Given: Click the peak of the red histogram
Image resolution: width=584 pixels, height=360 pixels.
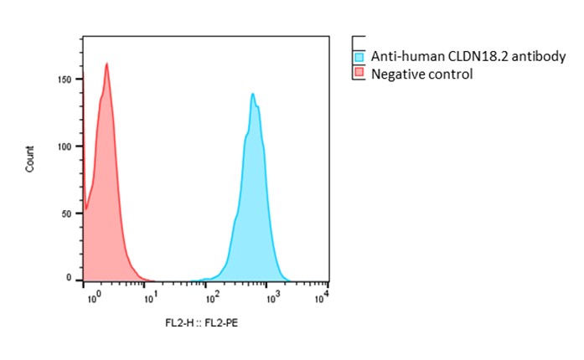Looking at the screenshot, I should pos(107,64).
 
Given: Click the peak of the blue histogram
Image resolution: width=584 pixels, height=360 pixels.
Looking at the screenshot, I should pos(252,94).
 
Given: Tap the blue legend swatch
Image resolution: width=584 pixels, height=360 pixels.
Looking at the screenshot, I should pos(359,58).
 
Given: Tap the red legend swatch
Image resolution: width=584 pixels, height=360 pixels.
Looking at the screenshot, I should pos(359,74).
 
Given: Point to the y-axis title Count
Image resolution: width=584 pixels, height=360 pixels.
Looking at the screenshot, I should pos(30,159).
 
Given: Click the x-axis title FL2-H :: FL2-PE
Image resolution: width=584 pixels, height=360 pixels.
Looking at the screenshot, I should pos(202,321).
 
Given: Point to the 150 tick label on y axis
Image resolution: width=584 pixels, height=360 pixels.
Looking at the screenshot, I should pos(71,79).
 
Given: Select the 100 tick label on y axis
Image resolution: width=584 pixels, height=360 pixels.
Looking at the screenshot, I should pos(71,146).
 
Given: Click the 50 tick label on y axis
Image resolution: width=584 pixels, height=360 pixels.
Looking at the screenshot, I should pos(74,213).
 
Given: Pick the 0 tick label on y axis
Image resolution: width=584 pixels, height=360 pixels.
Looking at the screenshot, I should pos(75,277).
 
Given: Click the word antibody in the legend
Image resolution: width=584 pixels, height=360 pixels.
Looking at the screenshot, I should pos(539,58).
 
